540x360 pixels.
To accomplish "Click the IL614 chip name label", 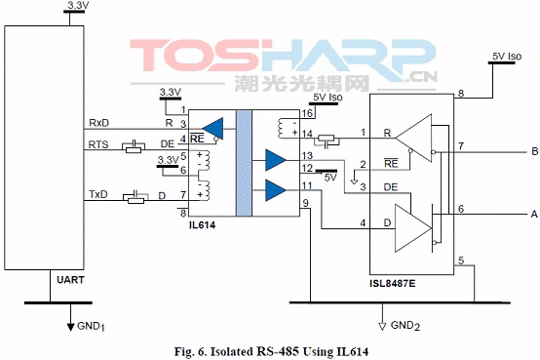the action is [202, 225].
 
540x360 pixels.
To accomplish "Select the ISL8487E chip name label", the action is [393, 284].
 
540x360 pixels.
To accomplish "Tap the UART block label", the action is [70, 280].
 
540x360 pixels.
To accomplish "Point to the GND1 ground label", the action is [91, 326].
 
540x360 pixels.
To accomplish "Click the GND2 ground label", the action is [405, 326].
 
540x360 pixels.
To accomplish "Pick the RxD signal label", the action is [98, 123].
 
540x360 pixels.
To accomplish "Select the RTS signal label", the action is [98, 144].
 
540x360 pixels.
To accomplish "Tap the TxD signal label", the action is [98, 194].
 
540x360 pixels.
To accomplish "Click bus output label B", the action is [534, 151].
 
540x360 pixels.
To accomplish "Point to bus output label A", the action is [534, 214].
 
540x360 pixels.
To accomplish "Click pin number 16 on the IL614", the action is [307, 113].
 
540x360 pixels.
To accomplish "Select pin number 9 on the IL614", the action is [305, 204].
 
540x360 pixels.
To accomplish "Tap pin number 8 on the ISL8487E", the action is [461, 94].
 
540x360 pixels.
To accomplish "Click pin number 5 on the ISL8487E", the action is [461, 260].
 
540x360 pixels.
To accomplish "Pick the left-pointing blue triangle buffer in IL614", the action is [212, 129].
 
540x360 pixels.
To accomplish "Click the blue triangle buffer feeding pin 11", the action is [276, 190].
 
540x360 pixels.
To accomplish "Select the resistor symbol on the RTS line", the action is [134, 149].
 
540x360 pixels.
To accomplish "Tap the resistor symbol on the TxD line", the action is [135, 200].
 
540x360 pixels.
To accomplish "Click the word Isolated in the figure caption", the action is [232, 352].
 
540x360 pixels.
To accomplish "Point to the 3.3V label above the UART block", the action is [79, 6].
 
